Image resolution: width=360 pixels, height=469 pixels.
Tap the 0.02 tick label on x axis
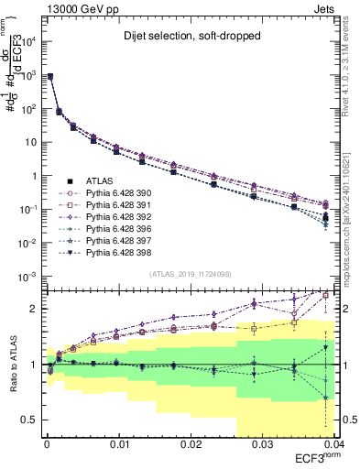[190, 443]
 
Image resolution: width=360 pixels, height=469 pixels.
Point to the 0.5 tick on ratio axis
[32, 420]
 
